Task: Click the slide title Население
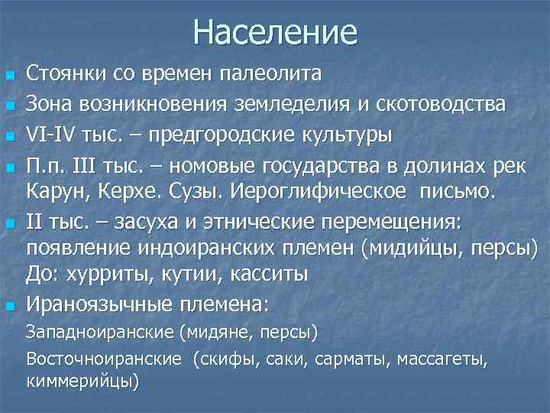pos(275,32)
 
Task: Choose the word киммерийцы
pos(82,380)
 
